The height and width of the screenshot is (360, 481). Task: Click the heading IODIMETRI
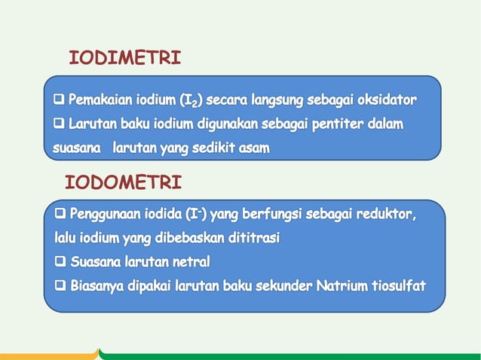pyautogui.click(x=124, y=58)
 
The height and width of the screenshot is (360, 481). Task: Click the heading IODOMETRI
pyautogui.click(x=123, y=183)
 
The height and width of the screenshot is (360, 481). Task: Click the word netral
pyautogui.click(x=188, y=263)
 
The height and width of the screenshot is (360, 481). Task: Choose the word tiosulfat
pyautogui.click(x=398, y=286)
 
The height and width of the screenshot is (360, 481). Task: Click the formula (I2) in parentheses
pyautogui.click(x=190, y=100)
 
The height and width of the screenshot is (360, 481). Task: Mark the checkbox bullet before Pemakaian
pyautogui.click(x=59, y=99)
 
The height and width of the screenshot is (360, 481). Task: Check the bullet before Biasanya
pyautogui.click(x=61, y=286)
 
